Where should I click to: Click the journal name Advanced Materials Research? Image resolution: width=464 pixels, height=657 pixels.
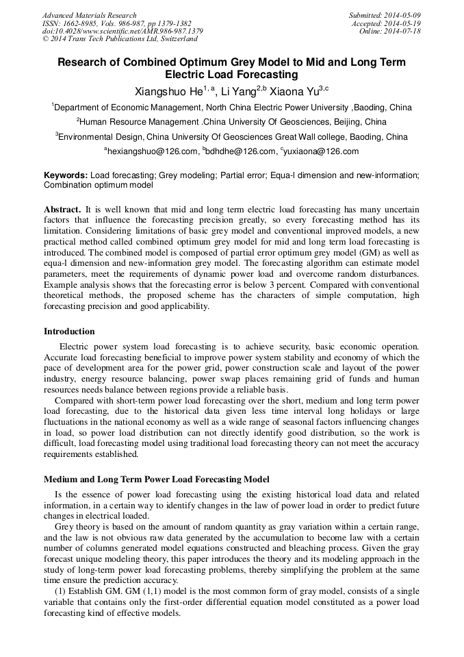point(89,15)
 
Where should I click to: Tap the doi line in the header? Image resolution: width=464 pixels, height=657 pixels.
point(123,32)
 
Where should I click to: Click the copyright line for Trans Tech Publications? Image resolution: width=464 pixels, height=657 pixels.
point(120,40)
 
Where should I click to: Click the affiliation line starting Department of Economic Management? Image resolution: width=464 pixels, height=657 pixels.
point(232,108)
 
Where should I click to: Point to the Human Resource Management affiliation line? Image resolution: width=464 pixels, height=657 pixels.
point(232,122)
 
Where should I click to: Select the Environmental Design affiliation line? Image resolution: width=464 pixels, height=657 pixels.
point(232,137)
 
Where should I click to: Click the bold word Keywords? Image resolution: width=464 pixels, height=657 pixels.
point(66,175)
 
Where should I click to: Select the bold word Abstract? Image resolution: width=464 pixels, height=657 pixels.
point(62,208)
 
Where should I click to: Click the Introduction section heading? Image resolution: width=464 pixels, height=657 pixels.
point(69,331)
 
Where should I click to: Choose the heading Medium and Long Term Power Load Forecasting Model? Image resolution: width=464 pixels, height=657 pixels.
point(157,479)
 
